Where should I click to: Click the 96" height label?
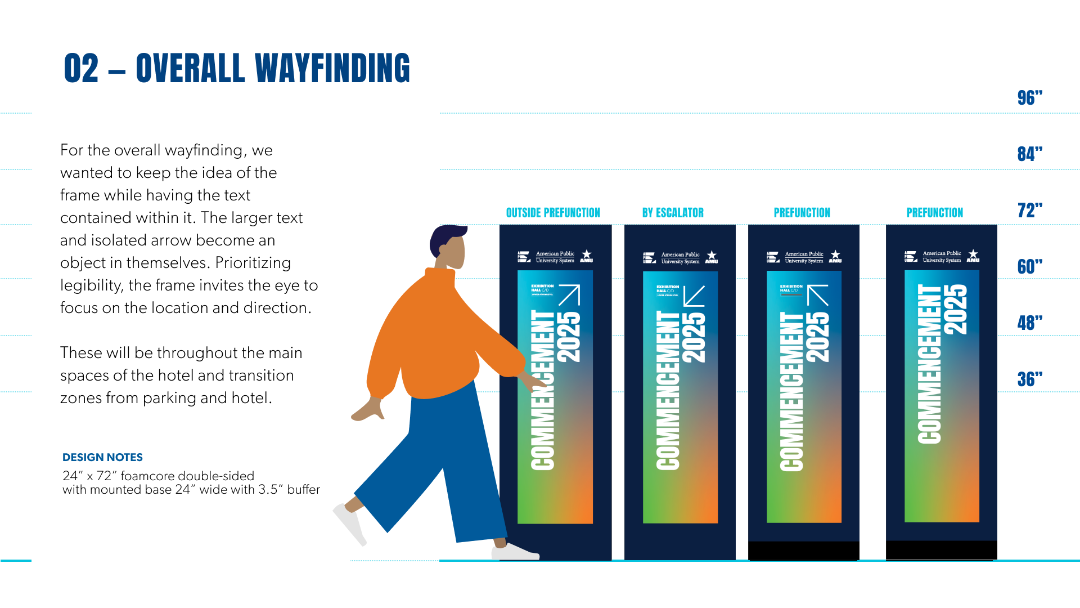(1029, 98)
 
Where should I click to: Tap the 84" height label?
(1029, 154)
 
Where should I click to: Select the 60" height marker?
(1029, 267)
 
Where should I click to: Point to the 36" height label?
(1029, 379)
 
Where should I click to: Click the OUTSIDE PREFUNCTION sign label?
(553, 213)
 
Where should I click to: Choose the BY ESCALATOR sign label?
(673, 213)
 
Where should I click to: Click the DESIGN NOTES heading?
(102, 457)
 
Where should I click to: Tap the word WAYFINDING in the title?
(332, 69)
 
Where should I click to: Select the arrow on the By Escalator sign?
(694, 296)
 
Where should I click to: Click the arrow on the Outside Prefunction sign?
(569, 295)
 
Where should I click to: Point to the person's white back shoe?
(350, 524)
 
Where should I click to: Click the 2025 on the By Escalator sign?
(694, 337)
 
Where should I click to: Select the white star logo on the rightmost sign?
(973, 255)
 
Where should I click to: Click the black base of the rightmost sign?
(941, 550)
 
